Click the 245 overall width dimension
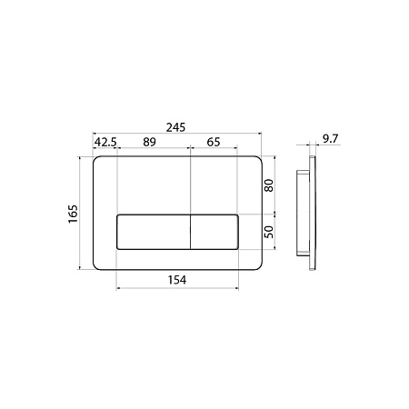coord(175,127)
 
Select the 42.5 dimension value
coord(105,142)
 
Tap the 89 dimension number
coord(149,142)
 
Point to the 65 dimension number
coord(214,142)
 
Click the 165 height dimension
coord(73,214)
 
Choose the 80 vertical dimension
coord(269,185)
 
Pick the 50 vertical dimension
coord(269,232)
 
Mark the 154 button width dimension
coord(177,280)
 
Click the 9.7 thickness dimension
coord(330,139)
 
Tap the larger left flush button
coord(154,232)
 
